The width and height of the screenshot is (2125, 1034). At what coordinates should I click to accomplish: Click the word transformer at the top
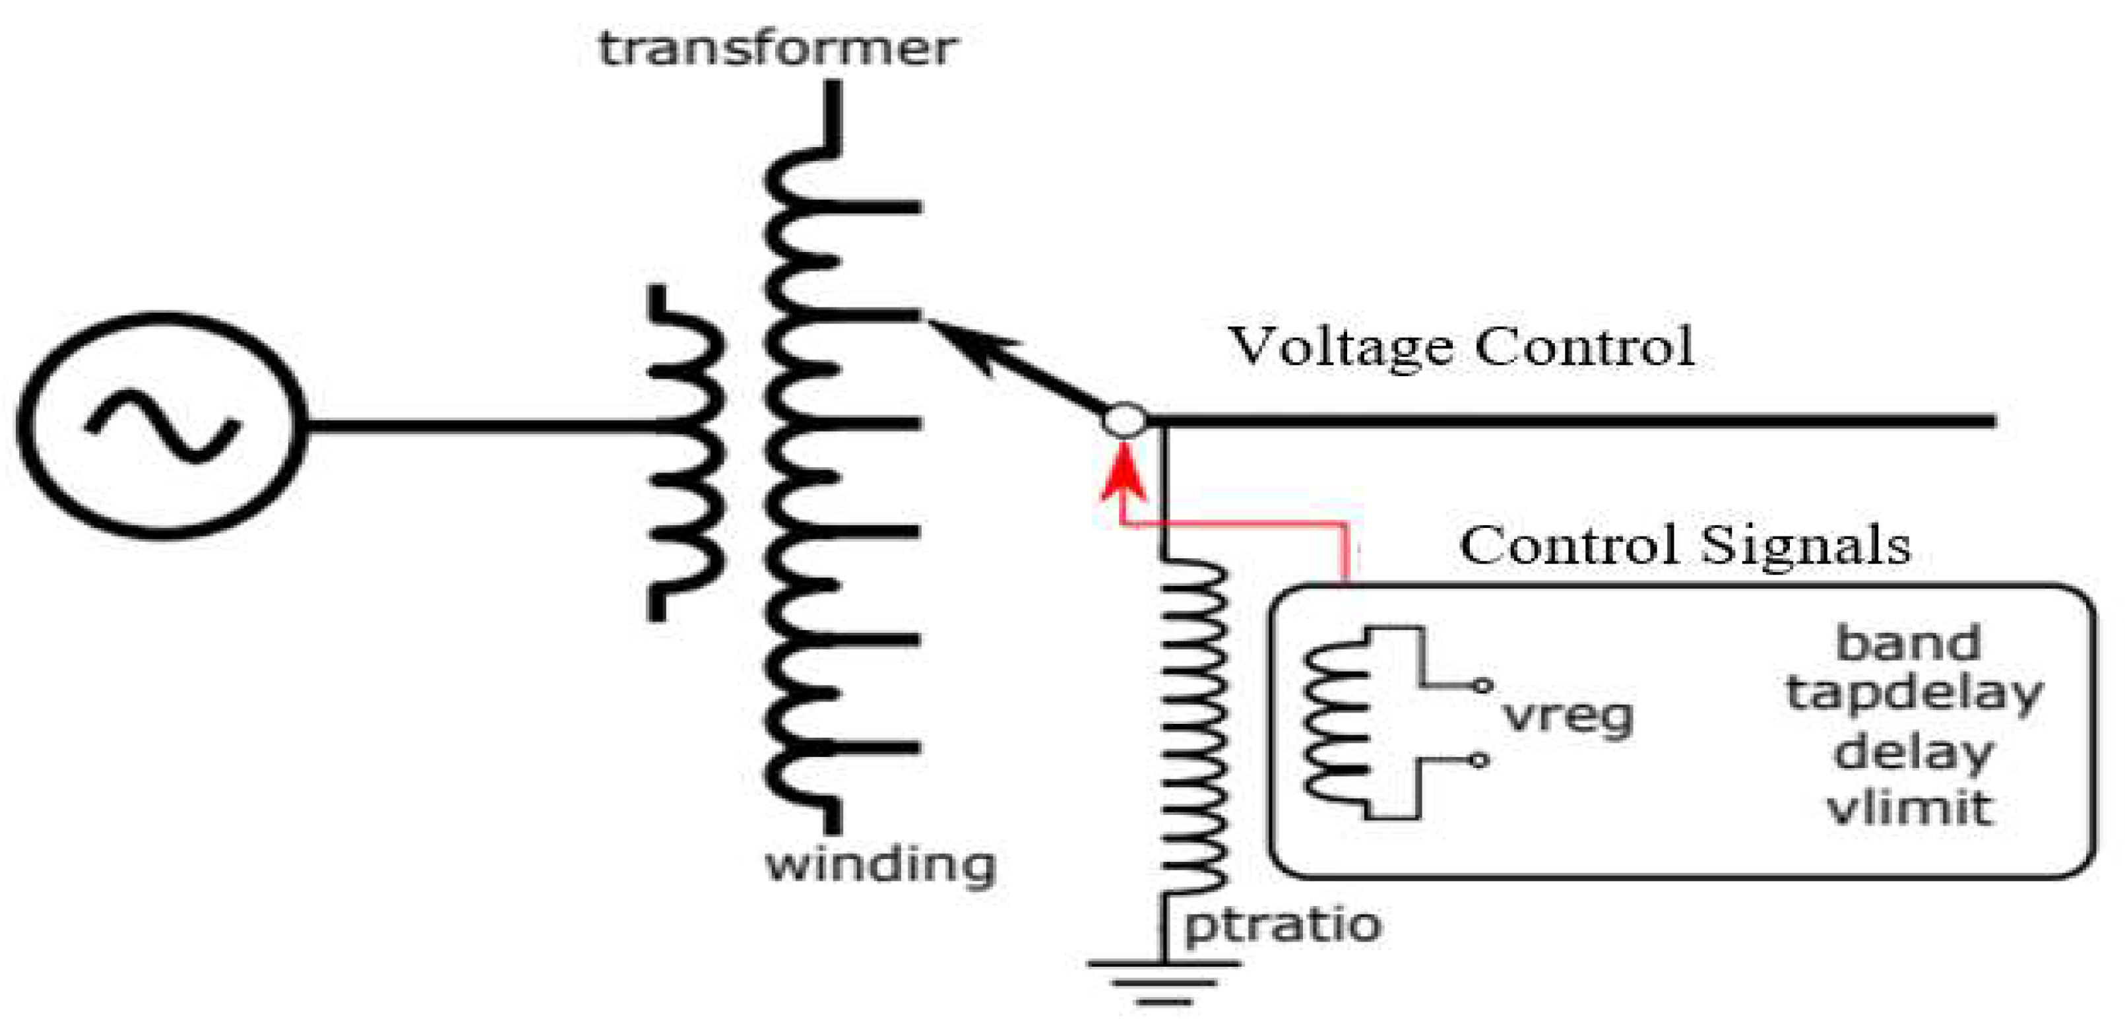(777, 49)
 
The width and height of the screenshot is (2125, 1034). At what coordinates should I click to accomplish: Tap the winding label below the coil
(881, 866)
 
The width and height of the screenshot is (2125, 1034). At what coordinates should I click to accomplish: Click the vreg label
(1568, 717)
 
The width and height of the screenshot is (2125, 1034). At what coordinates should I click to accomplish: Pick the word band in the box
(1908, 643)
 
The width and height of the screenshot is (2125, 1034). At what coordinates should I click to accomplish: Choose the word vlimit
(1910, 808)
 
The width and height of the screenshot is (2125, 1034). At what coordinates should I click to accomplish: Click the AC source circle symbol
(162, 426)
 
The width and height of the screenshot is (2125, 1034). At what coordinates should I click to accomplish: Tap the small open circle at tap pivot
(1124, 421)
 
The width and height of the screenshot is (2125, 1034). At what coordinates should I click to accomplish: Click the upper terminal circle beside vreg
(1482, 685)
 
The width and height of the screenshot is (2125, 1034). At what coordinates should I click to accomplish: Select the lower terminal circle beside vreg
(1480, 760)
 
